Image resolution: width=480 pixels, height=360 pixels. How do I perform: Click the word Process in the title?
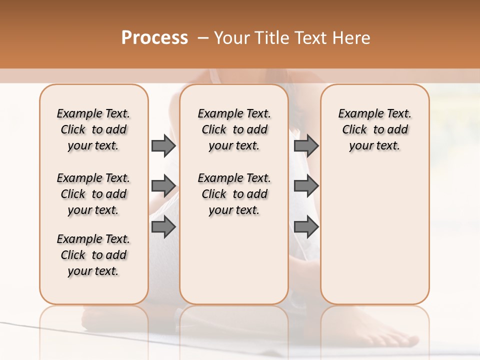[x=154, y=38]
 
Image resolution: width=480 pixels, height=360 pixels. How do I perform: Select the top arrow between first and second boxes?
[x=163, y=146]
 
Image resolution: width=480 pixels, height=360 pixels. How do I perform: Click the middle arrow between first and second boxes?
[x=163, y=186]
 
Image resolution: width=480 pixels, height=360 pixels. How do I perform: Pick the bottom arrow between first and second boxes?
[x=163, y=227]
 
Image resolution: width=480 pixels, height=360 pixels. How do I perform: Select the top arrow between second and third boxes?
[x=306, y=146]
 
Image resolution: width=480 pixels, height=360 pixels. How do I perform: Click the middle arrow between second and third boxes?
[x=306, y=186]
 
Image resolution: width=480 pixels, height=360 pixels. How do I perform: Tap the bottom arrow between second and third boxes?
[x=306, y=227]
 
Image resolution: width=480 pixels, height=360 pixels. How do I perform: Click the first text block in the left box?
[x=93, y=129]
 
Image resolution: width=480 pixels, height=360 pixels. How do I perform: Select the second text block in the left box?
[x=93, y=194]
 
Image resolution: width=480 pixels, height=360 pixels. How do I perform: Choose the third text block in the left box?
[x=93, y=255]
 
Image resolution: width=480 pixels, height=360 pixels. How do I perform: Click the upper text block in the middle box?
[x=234, y=129]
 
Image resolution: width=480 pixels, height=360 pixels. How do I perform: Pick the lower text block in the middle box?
[x=234, y=194]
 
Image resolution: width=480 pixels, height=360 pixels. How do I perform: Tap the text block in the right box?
[x=374, y=129]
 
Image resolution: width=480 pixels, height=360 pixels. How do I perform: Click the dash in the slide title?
[x=202, y=38]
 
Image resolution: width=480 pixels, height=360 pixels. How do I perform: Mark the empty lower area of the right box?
[x=374, y=235]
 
